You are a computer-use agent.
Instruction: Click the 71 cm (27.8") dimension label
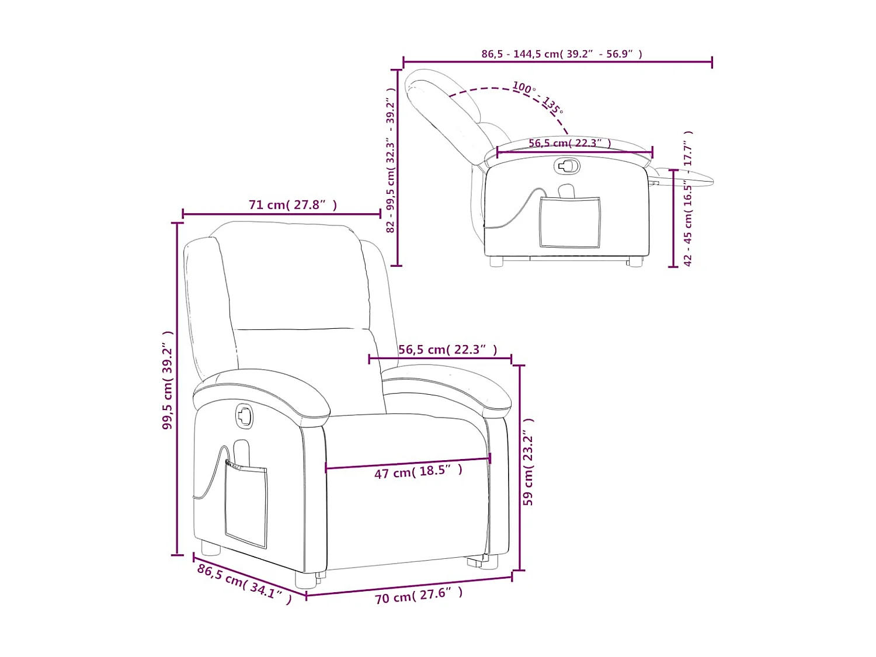[x=293, y=205]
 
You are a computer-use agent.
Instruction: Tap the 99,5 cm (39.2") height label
[x=168, y=380]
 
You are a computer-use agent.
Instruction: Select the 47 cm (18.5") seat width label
[x=418, y=471]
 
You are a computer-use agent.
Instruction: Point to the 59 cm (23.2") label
[x=528, y=462]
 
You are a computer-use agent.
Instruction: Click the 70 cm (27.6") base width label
[x=418, y=596]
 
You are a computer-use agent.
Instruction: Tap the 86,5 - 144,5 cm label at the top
[x=561, y=54]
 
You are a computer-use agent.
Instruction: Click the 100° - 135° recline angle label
[x=537, y=98]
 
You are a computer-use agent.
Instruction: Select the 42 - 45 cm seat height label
[x=688, y=199]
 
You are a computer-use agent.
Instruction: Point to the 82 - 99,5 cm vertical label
[x=391, y=161]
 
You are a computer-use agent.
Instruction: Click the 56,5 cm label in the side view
[x=569, y=143]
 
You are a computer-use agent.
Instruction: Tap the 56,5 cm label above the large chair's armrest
[x=447, y=350]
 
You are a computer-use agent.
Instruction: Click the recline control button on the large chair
[x=244, y=416]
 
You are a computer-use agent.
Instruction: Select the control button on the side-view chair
[x=566, y=166]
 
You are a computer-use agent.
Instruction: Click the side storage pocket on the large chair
[x=246, y=505]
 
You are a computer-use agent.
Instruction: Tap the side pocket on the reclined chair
[x=569, y=222]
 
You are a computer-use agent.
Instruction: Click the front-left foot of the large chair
[x=304, y=579]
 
